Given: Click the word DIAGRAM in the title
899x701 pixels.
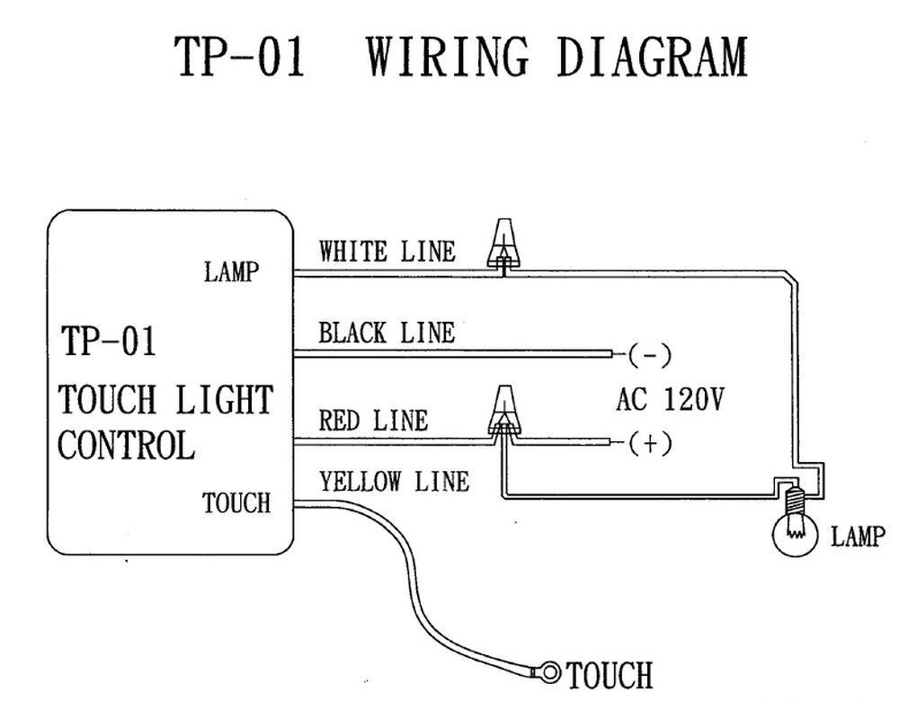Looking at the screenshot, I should click(x=652, y=57).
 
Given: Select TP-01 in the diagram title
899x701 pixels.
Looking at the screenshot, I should click(x=240, y=57).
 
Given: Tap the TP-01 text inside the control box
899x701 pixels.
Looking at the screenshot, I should click(x=108, y=342).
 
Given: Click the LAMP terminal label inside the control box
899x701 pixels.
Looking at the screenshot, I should click(x=231, y=272).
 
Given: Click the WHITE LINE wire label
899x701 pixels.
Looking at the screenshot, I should click(x=387, y=252).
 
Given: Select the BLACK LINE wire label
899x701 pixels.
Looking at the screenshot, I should click(x=387, y=333).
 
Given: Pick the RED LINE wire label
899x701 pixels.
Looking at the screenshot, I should click(x=373, y=421).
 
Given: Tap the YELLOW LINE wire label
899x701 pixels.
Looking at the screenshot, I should click(x=394, y=482).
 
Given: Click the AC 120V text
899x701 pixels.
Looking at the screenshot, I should click(x=670, y=399).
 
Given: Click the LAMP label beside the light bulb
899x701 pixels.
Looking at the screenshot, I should click(x=858, y=537).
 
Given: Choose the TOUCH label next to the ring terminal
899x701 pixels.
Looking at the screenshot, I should click(x=609, y=673).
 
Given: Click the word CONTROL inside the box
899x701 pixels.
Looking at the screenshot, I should click(x=126, y=446).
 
